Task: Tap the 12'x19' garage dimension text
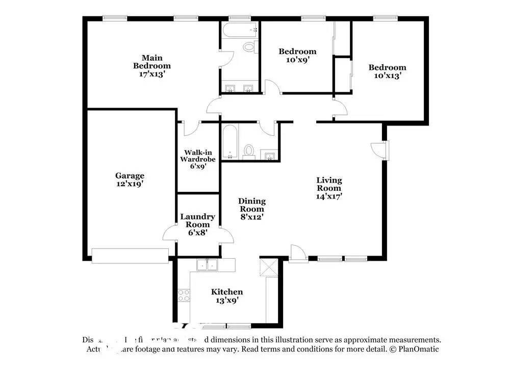(x=129, y=184)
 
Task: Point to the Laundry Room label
(x=197, y=225)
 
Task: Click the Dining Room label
(x=251, y=209)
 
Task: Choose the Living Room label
(x=329, y=187)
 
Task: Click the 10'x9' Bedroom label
(x=297, y=55)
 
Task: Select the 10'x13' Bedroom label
(x=387, y=71)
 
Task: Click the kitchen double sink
(x=208, y=264)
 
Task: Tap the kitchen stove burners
(x=184, y=294)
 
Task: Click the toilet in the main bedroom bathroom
(x=249, y=47)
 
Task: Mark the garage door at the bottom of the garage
(x=130, y=256)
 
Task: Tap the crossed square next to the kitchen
(x=268, y=267)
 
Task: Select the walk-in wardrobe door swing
(x=191, y=128)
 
